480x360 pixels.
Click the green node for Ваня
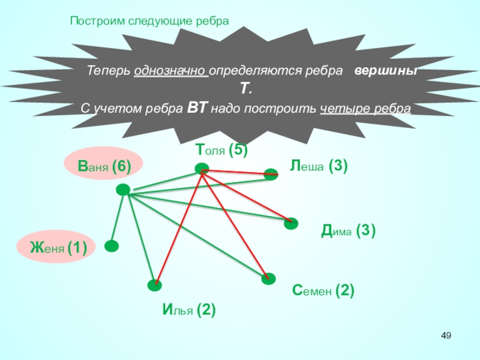tap(123, 190)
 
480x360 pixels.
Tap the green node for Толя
tap(202, 169)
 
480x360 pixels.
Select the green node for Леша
tap(271, 174)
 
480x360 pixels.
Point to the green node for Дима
tap(291, 223)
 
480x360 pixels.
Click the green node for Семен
tap(268, 278)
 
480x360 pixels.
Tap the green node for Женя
tap(111, 245)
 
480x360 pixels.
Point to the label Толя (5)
tap(221, 150)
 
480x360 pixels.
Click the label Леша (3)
tap(319, 166)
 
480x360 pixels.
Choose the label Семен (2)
tap(323, 292)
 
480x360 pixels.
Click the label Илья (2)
tap(189, 310)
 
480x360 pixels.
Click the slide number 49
tap(446, 335)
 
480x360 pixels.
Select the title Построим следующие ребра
tap(149, 21)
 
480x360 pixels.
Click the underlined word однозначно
tap(172, 70)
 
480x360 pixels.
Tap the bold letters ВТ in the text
tap(198, 109)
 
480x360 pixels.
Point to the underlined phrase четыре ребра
tap(365, 109)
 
